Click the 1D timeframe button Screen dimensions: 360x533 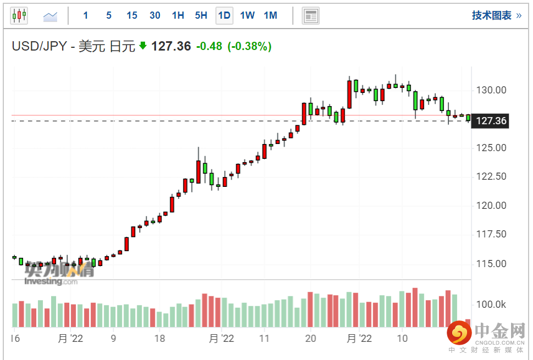coord(224,15)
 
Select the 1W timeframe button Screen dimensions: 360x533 coord(247,15)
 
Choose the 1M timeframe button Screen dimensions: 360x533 coord(270,15)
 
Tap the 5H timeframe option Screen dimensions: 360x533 coord(201,15)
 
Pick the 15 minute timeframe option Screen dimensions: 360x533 coord(132,15)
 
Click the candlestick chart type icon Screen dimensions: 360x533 coord(19,16)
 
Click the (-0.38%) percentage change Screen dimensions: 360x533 coord(249,47)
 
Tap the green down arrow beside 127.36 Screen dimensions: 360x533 coord(143,46)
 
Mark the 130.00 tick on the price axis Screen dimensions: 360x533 coord(492,90)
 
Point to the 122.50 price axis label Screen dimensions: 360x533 coord(492,176)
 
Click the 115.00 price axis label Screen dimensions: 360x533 coord(492,264)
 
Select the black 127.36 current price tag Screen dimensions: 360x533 coord(491,121)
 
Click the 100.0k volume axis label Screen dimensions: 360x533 coord(491,304)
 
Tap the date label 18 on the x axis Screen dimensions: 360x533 coord(159,338)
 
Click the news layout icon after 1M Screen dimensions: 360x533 coord(310,16)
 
